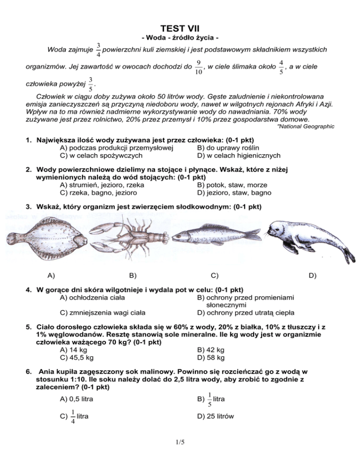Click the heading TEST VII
tap(180, 30)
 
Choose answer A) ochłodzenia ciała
tap(93, 296)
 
